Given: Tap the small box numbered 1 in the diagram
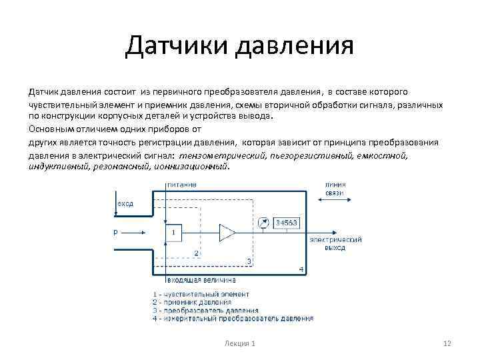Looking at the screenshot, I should click(x=173, y=233).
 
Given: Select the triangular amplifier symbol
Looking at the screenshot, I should click(x=227, y=233).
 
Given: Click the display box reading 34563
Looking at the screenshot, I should click(x=287, y=222).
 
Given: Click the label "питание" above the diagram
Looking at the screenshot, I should click(x=181, y=184).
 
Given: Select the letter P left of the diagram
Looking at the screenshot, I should click(x=115, y=233).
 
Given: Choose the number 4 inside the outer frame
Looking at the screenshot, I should click(x=301, y=269).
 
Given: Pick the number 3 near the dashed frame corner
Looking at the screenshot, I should click(x=249, y=261).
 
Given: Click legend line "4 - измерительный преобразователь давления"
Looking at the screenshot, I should click(x=233, y=319).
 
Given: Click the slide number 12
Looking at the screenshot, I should click(x=447, y=343).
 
